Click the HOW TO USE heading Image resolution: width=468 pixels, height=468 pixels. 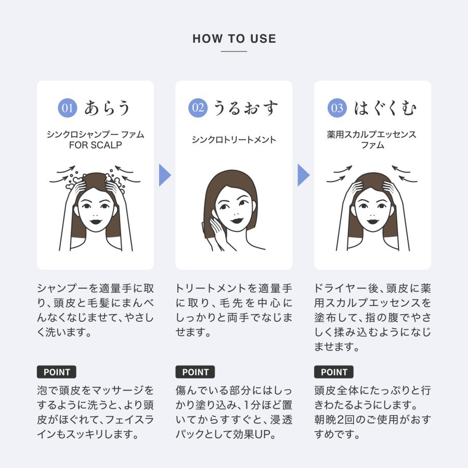click(234, 39)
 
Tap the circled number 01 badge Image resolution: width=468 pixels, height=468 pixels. click(67, 108)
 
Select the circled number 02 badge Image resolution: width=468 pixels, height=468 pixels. click(198, 108)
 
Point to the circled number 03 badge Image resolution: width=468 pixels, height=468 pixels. click(337, 108)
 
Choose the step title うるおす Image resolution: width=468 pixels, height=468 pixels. click(245, 108)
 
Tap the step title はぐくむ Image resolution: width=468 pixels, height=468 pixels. click(385, 108)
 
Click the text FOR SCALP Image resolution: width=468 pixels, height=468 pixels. click(96, 146)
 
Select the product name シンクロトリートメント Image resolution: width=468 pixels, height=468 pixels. click(234, 140)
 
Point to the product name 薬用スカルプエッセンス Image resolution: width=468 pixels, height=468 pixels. click(372, 135)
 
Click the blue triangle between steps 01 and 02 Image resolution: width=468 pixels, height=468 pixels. click(164, 175)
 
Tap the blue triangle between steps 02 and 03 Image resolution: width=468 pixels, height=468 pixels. click(303, 175)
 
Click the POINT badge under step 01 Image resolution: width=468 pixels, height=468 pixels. click(57, 372)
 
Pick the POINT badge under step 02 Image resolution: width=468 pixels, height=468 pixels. click(195, 372)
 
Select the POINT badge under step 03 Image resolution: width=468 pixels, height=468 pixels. click(334, 372)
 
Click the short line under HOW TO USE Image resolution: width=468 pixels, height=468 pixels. click(234, 51)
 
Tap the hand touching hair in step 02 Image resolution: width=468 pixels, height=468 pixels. click(214, 234)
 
